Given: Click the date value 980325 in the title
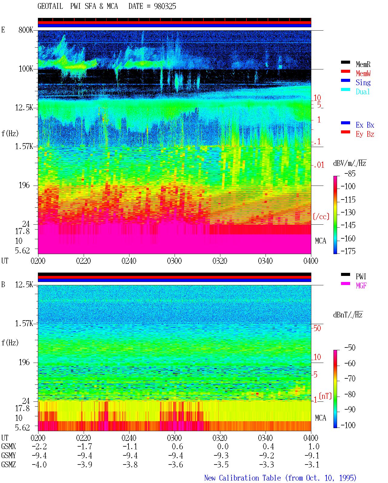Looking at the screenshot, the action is [x=165, y=6].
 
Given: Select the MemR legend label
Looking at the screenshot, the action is [x=363, y=64].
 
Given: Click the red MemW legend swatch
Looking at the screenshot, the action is [x=345, y=71].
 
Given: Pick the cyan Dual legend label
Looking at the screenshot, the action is [x=363, y=92].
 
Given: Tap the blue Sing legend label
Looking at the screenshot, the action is [x=363, y=82].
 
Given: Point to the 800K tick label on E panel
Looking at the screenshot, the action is [x=25, y=30].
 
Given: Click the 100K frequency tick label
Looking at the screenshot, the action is [x=25, y=69].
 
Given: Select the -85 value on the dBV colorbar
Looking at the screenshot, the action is [x=350, y=173].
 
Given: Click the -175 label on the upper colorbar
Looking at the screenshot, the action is [x=348, y=251].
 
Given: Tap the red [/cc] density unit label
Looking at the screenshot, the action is [x=321, y=216].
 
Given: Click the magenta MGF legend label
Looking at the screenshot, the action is [x=361, y=286].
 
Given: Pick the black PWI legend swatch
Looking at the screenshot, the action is [x=345, y=274].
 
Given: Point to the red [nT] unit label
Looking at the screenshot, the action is [x=325, y=396].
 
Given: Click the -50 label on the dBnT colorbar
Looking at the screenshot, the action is [x=350, y=348].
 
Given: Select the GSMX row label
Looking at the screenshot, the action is [x=8, y=446].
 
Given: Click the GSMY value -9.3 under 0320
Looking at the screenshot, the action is [x=221, y=456].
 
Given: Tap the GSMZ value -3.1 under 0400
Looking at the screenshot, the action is [x=312, y=465].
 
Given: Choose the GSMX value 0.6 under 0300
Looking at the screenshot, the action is [x=177, y=446].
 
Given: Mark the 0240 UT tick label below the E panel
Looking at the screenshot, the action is [x=129, y=261].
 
